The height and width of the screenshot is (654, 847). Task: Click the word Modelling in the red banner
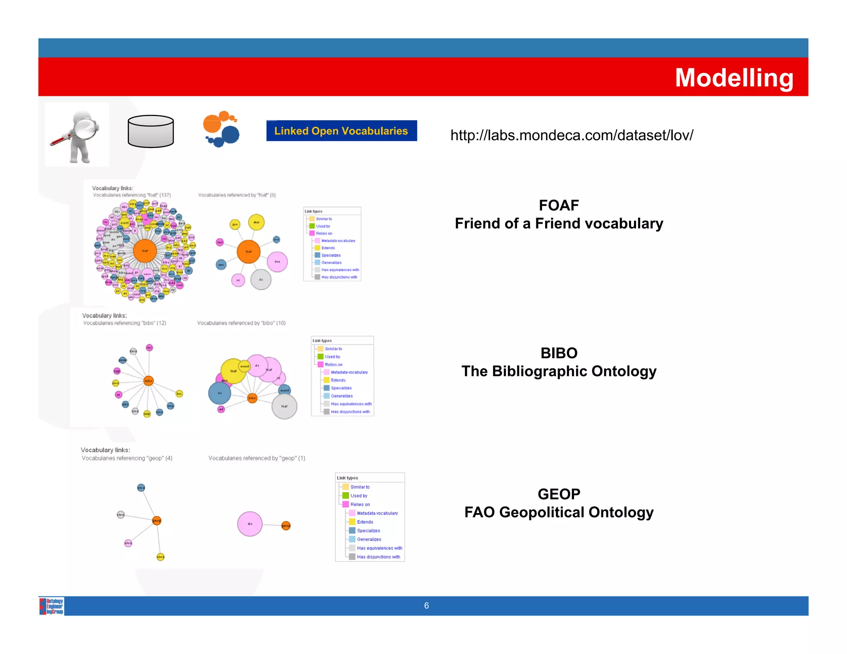(734, 78)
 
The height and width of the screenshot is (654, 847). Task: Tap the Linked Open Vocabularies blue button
(341, 131)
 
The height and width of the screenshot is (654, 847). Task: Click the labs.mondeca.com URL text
(572, 135)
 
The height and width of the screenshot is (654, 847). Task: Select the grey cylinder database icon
(151, 131)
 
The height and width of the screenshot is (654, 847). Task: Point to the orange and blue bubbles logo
(221, 129)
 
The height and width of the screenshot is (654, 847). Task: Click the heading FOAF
(558, 205)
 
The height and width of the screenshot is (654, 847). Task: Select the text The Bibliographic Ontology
(558, 371)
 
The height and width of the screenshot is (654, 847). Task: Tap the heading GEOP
(558, 494)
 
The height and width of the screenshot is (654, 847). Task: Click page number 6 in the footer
(426, 606)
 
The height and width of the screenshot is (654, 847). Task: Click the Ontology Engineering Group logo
(52, 606)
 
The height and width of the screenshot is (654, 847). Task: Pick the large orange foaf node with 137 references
(145, 251)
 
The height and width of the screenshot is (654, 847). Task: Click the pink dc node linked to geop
(250, 524)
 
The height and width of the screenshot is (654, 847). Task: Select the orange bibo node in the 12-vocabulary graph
(148, 381)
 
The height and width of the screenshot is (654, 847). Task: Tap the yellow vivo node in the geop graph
(160, 557)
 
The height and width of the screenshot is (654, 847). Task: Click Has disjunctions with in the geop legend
(378, 557)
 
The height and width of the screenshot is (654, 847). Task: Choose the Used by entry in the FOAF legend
(323, 226)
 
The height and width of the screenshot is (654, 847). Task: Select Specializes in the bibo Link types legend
(341, 388)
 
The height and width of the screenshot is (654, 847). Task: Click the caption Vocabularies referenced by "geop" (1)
(256, 458)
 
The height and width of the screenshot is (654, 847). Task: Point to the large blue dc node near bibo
(220, 393)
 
